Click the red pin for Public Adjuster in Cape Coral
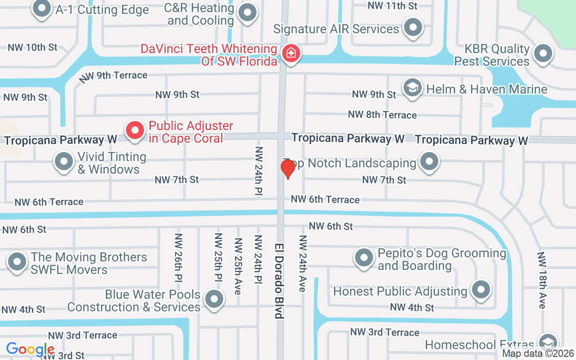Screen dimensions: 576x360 click(x=135, y=131)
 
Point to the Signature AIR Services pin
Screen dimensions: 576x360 click(x=413, y=27)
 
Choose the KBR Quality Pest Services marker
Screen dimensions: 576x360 click(x=543, y=54)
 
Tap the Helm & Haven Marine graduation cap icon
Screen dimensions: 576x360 click(x=412, y=88)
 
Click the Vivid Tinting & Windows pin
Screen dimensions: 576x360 click(x=63, y=162)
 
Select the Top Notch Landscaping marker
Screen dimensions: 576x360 click(x=429, y=162)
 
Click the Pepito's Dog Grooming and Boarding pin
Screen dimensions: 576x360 click(x=364, y=258)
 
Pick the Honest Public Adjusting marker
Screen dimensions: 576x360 click(x=481, y=290)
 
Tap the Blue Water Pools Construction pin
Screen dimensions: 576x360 click(x=214, y=299)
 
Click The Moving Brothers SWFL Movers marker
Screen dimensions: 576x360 click(x=18, y=262)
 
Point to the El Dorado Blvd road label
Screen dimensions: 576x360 click(x=280, y=281)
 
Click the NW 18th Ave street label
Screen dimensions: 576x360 click(x=542, y=280)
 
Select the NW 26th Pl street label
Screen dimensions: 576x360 click(x=179, y=258)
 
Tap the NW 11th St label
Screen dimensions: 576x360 click(x=393, y=5)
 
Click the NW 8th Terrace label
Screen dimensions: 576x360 click(x=382, y=115)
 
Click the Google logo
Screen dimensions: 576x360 click(x=30, y=349)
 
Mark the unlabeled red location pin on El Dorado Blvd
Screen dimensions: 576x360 click(x=288, y=169)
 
